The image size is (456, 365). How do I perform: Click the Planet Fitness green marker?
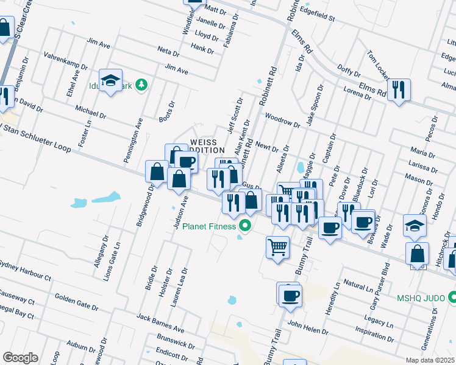(x=246, y=226)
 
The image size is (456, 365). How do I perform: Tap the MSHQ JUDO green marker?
(x=452, y=298)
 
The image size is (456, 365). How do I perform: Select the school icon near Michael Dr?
(x=111, y=80)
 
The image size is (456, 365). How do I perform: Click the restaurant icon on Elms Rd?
(x=399, y=89)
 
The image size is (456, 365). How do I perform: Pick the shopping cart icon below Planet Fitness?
(x=277, y=247)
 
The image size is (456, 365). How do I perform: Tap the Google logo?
(x=20, y=358)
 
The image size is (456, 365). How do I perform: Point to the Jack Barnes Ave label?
(x=160, y=322)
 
